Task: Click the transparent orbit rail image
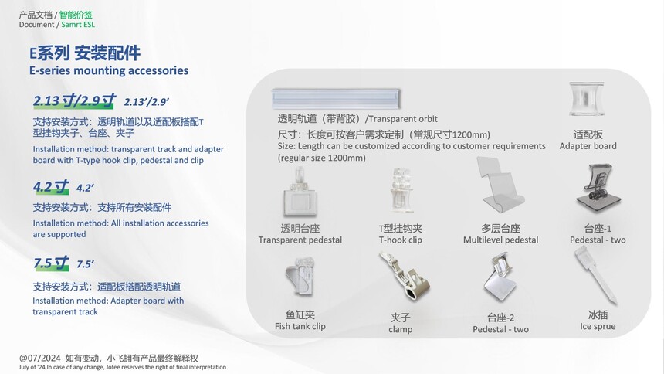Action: (x=336, y=99)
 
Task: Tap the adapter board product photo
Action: (x=587, y=99)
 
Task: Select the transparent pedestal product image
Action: (x=300, y=192)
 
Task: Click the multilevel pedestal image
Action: (x=500, y=185)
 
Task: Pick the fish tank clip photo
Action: (x=300, y=277)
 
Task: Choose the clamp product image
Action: (x=404, y=276)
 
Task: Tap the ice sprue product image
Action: (x=595, y=275)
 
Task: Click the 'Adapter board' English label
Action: (x=588, y=146)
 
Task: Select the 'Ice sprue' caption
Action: (x=598, y=326)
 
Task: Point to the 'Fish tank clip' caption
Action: (x=300, y=326)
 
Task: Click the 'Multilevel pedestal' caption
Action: (x=500, y=240)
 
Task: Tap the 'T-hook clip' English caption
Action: (x=400, y=240)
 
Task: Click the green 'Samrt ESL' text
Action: (x=78, y=24)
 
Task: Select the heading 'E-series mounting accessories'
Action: (x=109, y=70)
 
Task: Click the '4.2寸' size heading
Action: (x=51, y=186)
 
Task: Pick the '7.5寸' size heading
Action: (x=51, y=263)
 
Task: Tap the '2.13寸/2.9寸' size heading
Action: (x=74, y=100)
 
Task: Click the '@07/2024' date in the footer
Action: (x=40, y=358)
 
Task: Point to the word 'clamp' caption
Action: (x=400, y=329)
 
